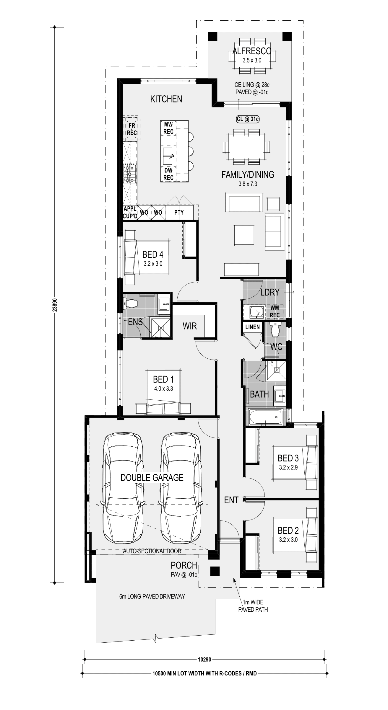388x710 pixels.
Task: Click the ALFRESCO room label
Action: (252, 51)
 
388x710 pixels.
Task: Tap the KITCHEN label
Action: (166, 99)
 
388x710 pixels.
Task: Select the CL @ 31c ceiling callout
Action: (248, 119)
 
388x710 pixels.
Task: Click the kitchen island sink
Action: (169, 156)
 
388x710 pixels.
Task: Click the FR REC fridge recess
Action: (132, 129)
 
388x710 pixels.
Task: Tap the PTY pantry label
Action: (179, 212)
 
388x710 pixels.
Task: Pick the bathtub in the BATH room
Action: (265, 417)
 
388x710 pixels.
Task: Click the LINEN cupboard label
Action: (253, 327)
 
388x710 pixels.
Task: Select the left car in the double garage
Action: (122, 488)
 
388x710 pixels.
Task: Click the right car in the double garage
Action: (181, 488)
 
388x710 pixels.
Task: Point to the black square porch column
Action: (215, 571)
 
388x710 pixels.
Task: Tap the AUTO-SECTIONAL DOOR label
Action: (152, 551)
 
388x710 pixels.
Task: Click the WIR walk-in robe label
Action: (190, 326)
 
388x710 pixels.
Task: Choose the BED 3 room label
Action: (288, 458)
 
